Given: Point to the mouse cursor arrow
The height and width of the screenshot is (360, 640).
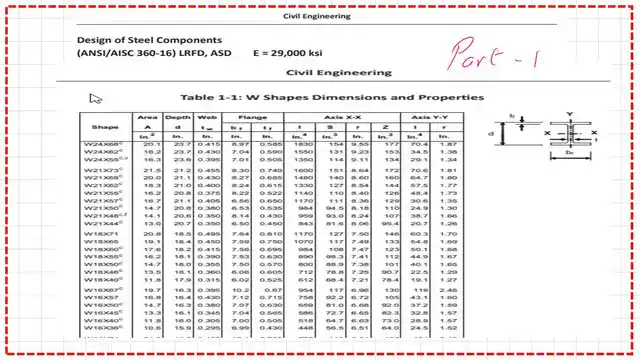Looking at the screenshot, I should tap(96, 98).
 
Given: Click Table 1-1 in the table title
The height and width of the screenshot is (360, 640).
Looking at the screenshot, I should tap(208, 97).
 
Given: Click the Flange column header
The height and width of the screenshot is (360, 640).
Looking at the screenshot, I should tap(251, 118).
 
